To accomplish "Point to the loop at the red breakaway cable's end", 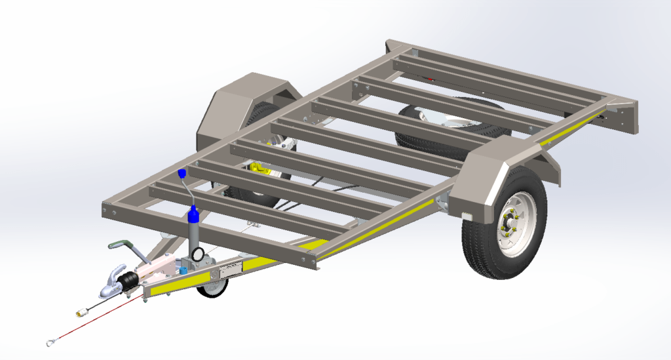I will coord(51,340).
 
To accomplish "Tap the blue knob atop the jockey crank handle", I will coord(182,174).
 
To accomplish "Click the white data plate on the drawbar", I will coord(231,268).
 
